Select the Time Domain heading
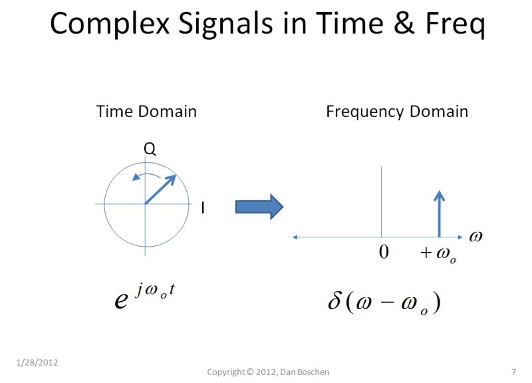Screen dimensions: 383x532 tap(146, 111)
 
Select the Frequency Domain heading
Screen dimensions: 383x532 tap(397, 111)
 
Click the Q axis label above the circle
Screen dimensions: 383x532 tap(150, 150)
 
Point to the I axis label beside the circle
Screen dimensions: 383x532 tap(203, 208)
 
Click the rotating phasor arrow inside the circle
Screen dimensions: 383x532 tap(160, 190)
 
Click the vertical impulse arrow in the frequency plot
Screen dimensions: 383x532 tap(439, 213)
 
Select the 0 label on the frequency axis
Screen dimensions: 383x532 tap(384, 253)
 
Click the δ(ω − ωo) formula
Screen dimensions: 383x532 tap(384, 302)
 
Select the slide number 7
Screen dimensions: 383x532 tap(513, 371)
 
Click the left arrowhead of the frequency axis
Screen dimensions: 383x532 tap(295, 237)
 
